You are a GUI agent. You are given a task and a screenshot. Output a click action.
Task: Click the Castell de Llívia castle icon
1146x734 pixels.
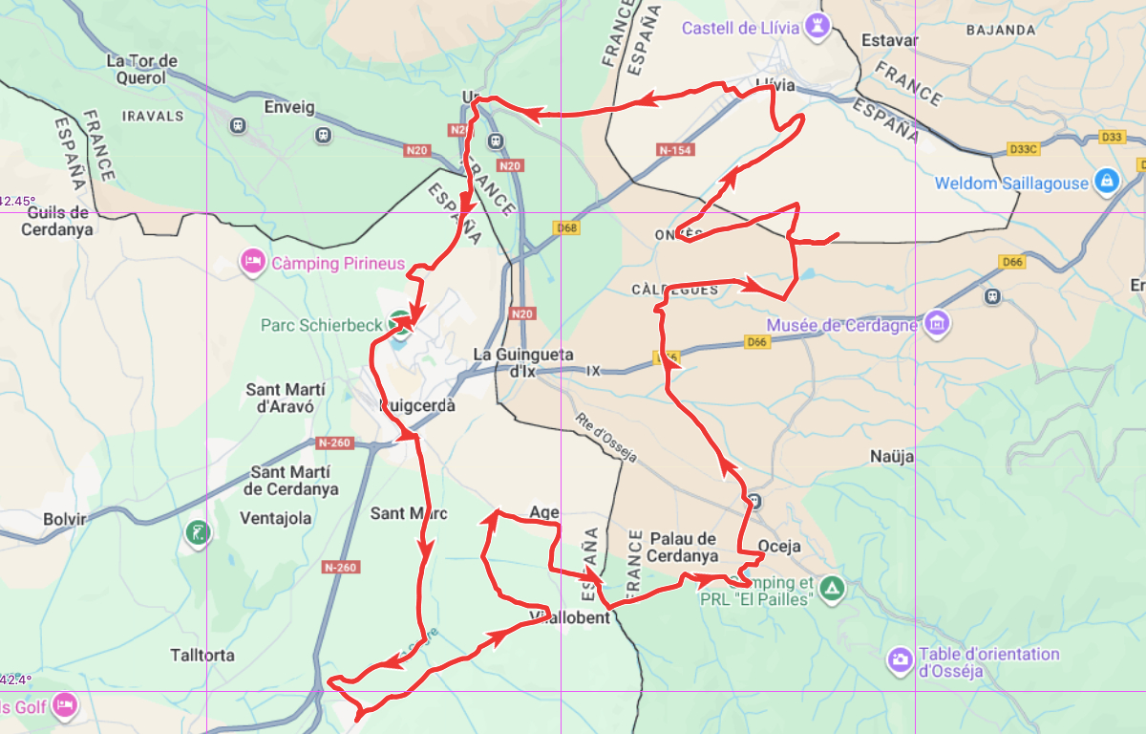click(817, 27)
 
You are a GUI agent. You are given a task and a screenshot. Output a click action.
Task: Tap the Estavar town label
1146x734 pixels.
click(889, 40)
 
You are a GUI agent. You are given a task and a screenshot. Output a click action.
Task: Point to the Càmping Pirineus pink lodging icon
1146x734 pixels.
click(252, 261)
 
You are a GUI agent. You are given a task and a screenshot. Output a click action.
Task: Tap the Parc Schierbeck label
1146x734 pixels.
click(321, 325)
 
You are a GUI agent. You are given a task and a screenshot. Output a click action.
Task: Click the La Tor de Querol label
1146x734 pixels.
click(141, 69)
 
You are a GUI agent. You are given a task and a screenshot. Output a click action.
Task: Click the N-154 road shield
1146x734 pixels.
click(675, 150)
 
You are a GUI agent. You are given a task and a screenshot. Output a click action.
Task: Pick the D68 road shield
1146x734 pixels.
click(567, 227)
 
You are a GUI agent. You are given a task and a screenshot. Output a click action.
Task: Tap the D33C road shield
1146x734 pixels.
click(1023, 149)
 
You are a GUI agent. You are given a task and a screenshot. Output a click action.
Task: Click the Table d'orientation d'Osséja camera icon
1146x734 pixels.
click(900, 658)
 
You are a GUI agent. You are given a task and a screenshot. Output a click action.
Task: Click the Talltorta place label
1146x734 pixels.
click(202, 656)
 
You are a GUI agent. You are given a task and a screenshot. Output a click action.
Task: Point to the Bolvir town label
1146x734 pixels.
click(65, 519)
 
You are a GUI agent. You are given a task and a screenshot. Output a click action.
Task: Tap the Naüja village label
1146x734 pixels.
click(892, 457)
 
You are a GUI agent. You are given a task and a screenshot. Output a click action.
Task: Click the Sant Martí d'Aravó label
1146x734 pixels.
click(286, 398)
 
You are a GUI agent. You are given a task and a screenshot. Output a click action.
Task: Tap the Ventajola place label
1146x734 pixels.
click(276, 518)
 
